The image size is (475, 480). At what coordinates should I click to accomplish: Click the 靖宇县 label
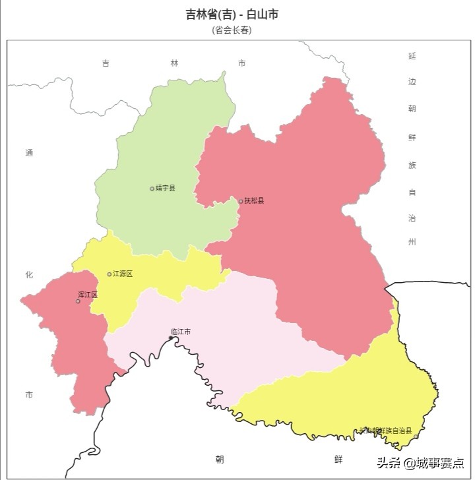tap(166, 188)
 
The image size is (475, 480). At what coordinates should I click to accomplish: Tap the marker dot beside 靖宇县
tap(152, 189)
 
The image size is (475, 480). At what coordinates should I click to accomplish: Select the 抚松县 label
tap(254, 200)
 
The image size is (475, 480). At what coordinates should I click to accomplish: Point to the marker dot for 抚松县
tap(241, 200)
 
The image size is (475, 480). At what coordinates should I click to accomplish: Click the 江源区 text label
tap(123, 274)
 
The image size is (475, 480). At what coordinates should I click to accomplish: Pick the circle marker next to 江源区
tap(110, 274)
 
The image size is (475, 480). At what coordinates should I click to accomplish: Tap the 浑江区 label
tap(88, 294)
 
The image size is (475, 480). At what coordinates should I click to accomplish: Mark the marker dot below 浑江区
tap(78, 301)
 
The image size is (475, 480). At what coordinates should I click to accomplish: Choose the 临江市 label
tap(180, 332)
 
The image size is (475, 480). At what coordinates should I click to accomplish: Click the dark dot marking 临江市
tap(171, 338)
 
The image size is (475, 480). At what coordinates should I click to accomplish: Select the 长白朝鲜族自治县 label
tap(386, 431)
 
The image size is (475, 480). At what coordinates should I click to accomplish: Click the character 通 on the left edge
tap(29, 153)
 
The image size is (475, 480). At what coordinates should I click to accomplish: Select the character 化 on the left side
tap(29, 274)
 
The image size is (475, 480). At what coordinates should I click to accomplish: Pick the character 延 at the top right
tap(412, 56)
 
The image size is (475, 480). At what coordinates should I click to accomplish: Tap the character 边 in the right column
tap(412, 82)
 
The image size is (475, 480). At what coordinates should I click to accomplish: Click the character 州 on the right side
tap(412, 242)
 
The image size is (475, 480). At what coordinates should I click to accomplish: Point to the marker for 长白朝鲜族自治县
tap(416, 436)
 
